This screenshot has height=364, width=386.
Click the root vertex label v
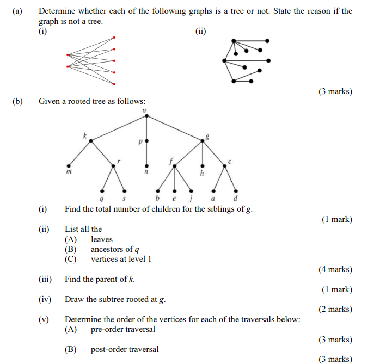click(145, 112)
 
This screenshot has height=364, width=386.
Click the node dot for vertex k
click(91, 140)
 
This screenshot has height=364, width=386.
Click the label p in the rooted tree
click(139, 143)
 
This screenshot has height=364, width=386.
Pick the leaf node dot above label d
click(235, 190)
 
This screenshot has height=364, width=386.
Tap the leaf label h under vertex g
click(202, 173)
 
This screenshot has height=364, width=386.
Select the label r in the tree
click(119, 161)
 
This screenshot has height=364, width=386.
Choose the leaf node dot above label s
click(125, 190)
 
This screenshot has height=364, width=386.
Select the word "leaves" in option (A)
click(102, 239)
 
